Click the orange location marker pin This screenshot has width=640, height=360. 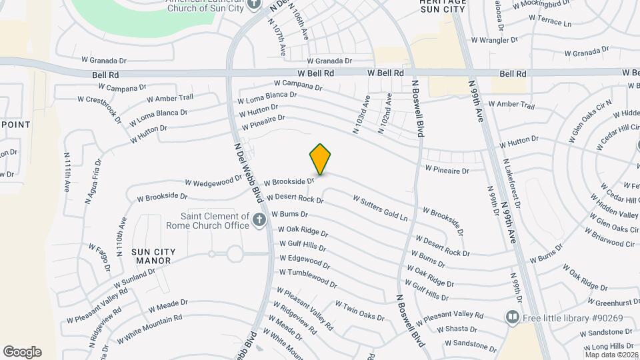point(320,159)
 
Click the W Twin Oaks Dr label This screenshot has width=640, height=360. point(359,311)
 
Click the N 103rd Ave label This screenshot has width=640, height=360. point(361,115)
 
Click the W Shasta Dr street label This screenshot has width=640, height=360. point(457,329)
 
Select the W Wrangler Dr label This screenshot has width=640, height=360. point(495,40)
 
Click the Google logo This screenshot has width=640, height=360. point(22,352)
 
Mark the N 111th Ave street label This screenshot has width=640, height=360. point(67,173)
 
